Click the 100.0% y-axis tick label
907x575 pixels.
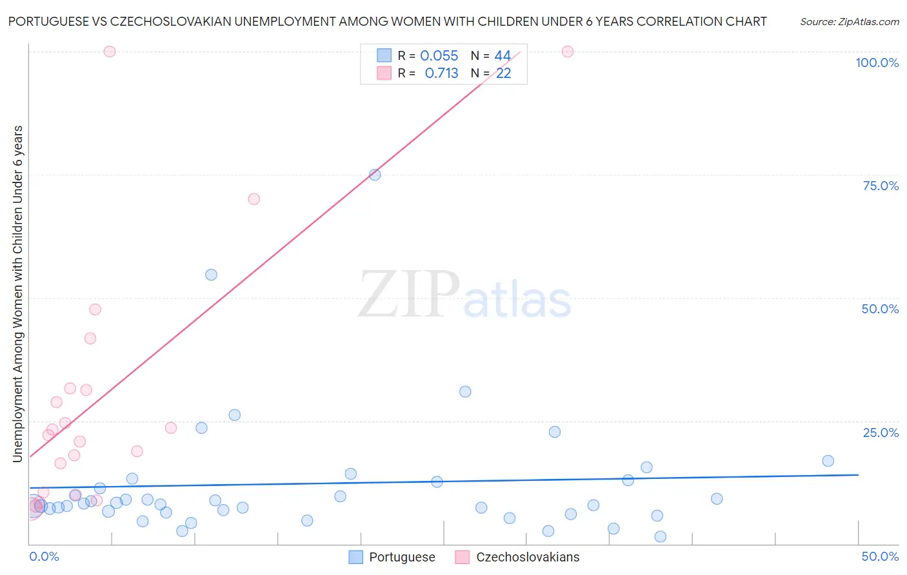[877, 63]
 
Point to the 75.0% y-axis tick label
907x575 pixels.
[881, 186]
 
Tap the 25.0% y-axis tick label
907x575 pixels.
[881, 433]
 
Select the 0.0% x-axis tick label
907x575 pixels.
[45, 556]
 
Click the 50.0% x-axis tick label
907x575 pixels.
[880, 556]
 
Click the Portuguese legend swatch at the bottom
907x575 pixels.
[355, 557]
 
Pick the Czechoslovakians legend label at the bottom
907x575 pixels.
[528, 557]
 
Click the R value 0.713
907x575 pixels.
[441, 73]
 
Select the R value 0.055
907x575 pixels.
[439, 56]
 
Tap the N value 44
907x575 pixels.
[503, 56]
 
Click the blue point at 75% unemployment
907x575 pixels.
[375, 175]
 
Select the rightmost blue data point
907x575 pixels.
[828, 461]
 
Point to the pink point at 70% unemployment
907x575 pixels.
[254, 199]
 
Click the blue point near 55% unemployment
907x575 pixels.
[211, 275]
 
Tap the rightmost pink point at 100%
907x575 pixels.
[568, 52]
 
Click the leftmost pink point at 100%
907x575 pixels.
[110, 52]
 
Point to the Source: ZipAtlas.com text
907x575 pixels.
[849, 22]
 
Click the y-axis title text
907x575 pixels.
[18, 293]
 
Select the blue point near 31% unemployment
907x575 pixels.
[465, 392]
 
